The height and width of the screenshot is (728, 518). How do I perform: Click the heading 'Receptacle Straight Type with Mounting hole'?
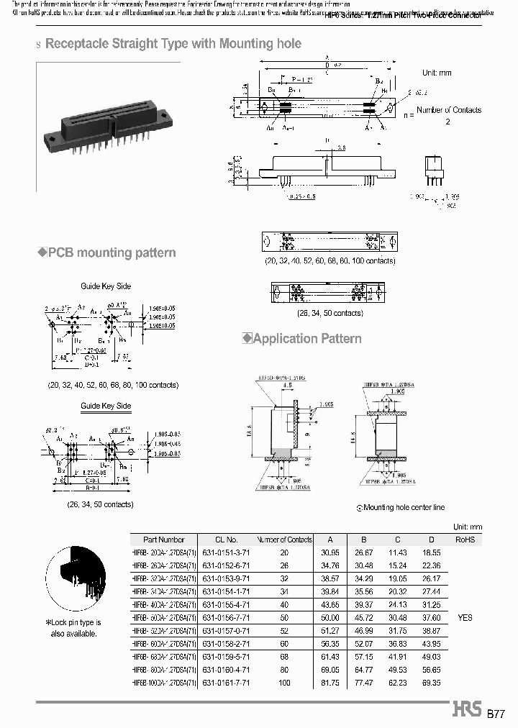pyautogui.click(x=173, y=44)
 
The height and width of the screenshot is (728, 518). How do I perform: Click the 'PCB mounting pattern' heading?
pyautogui.click(x=112, y=252)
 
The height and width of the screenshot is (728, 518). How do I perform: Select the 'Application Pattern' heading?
pyautogui.click(x=307, y=338)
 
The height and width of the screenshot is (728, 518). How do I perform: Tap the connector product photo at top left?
pyautogui.click(x=104, y=111)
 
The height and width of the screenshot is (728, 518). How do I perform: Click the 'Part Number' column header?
pyautogui.click(x=164, y=540)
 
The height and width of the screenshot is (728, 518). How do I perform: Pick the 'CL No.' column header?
pyautogui.click(x=227, y=540)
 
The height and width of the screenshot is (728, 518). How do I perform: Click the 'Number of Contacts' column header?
pyautogui.click(x=284, y=540)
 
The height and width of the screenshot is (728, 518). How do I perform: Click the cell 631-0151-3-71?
pyautogui.click(x=227, y=552)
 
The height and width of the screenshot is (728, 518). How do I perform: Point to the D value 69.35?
pyautogui.click(x=430, y=682)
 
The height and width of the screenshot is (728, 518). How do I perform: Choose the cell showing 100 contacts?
pyautogui.click(x=284, y=682)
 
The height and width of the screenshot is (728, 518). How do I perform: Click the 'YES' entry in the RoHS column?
pyautogui.click(x=465, y=617)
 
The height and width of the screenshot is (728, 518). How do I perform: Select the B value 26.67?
pyautogui.click(x=364, y=552)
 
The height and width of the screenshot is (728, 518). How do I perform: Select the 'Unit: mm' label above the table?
pyautogui.click(x=467, y=527)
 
